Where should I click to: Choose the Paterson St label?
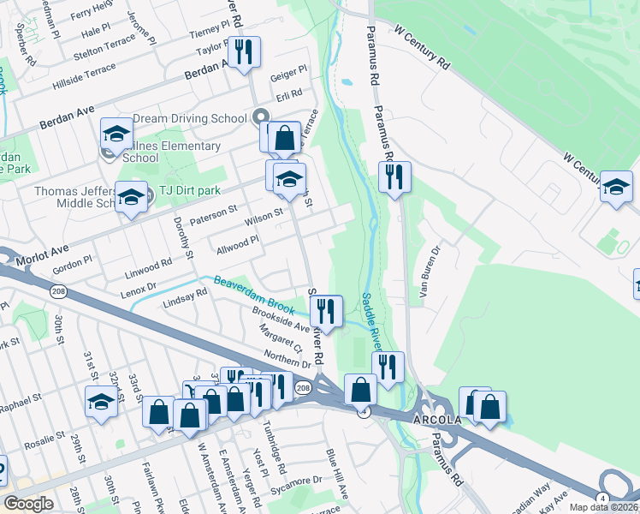212,210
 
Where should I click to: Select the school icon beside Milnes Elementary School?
116,134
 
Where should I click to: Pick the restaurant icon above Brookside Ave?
326,311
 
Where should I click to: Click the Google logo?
28,504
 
